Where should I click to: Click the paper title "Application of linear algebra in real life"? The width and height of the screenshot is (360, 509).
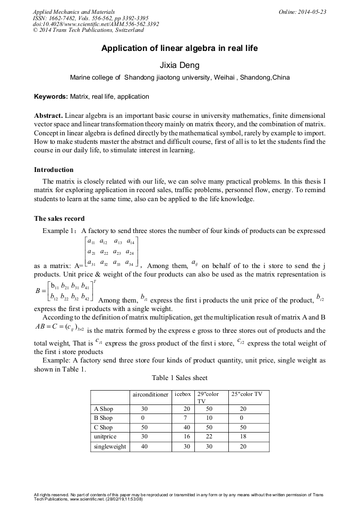tap(179, 48)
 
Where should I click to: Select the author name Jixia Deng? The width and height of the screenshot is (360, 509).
tap(179, 65)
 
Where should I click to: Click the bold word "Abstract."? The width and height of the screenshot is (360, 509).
tap(49, 116)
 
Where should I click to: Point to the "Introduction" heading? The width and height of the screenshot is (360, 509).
tap(54, 170)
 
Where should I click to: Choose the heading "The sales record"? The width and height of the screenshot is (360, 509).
tap(59, 218)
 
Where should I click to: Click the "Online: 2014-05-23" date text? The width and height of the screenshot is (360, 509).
tap(302, 12)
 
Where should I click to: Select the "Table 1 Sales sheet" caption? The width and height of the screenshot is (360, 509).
tap(179, 378)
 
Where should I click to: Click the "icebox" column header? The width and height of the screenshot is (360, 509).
tap(183, 394)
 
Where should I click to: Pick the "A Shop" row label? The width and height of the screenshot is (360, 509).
tap(104, 409)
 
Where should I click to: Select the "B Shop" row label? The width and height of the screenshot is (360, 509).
tap(104, 418)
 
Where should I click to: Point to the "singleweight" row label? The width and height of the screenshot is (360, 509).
tap(110, 446)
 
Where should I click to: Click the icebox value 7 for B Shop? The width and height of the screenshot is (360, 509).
tap(186, 418)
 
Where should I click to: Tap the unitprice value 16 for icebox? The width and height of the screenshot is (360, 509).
tap(186, 437)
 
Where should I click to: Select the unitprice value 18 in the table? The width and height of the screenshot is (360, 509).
tap(243, 437)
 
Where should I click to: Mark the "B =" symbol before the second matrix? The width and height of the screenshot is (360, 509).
tap(40, 291)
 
